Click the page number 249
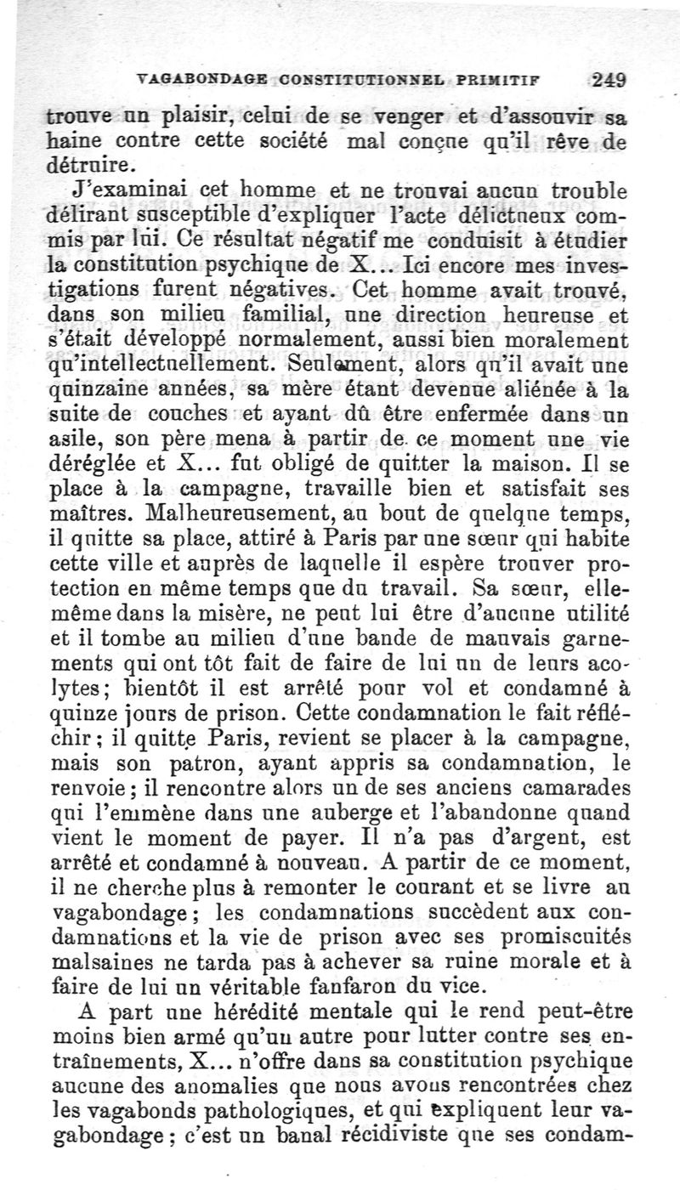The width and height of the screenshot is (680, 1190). point(609,82)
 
